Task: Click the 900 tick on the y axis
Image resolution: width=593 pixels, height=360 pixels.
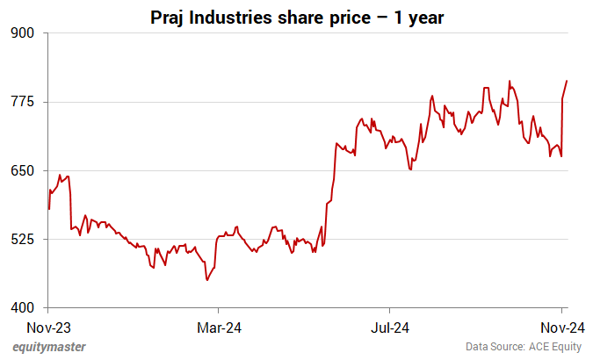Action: pos(22,33)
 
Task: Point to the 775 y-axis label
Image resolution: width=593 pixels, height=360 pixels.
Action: pos(22,102)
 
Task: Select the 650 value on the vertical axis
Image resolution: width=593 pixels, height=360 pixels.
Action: pos(22,170)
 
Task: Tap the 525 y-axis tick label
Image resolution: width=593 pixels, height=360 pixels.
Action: pos(22,239)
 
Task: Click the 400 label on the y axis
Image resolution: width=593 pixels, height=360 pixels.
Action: pos(22,307)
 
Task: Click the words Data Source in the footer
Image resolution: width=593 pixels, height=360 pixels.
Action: pos(496,347)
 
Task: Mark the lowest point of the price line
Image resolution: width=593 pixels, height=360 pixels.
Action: pos(206,280)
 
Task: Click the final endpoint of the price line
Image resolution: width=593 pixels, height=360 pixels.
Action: pos(567,81)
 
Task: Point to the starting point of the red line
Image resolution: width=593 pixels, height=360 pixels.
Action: pos(48,209)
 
